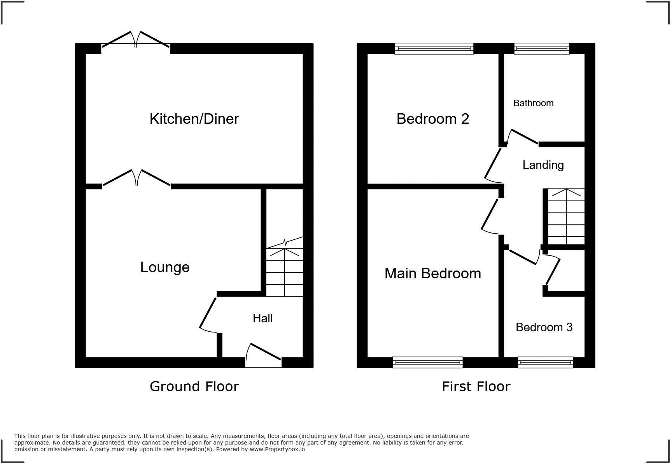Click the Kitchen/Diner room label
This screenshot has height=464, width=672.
point(194,119)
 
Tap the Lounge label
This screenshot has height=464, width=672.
point(165,267)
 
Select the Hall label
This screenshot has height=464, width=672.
point(262,318)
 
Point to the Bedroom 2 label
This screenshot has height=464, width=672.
point(432,119)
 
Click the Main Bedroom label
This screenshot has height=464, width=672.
point(432,273)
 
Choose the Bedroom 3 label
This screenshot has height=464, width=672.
point(544,327)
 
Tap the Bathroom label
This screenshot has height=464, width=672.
point(533,103)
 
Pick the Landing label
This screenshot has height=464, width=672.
point(543,165)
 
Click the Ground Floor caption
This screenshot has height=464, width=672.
point(194,386)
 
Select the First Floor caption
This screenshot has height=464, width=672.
point(476,386)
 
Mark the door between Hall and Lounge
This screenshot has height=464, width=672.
point(208,314)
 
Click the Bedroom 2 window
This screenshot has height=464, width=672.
point(434,49)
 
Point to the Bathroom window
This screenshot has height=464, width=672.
point(542,49)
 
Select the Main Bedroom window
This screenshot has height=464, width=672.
point(428,362)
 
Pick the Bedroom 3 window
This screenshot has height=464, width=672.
point(545,362)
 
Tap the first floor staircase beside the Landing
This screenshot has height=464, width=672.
point(566,216)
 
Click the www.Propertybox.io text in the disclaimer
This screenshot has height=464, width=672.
point(277,449)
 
